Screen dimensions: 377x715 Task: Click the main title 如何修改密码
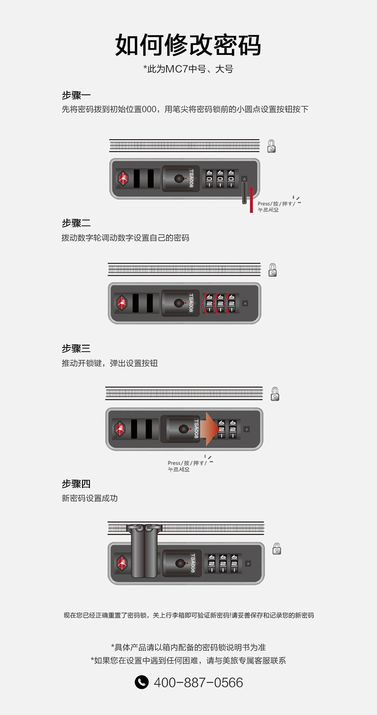(188, 46)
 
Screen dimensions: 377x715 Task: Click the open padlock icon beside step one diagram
(272, 146)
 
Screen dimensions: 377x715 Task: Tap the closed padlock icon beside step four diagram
(276, 549)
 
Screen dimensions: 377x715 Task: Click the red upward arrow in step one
(251, 199)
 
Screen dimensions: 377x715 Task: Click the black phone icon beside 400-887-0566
(142, 682)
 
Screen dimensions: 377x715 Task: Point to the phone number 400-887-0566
(198, 683)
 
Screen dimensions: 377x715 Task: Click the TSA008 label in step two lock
(190, 303)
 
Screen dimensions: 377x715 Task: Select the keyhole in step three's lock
(183, 429)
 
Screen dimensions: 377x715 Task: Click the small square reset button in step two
(245, 303)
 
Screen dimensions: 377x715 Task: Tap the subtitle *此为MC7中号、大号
(188, 69)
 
